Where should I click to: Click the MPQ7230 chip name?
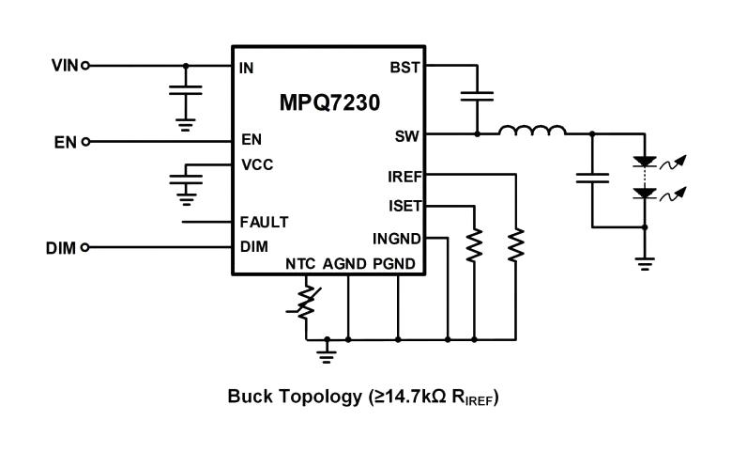coord(328,102)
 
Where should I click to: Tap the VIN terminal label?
coord(65,66)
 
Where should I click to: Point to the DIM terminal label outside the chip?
coord(62,248)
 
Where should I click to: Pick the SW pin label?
coord(407,135)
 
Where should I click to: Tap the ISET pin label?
coord(404,207)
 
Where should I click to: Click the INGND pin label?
coord(397,238)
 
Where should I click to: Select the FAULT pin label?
coord(264,223)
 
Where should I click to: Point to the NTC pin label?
coord(300,264)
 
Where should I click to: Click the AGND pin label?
coord(343,264)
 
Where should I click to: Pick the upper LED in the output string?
coord(644,162)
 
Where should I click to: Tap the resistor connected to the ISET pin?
coord(475,245)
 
